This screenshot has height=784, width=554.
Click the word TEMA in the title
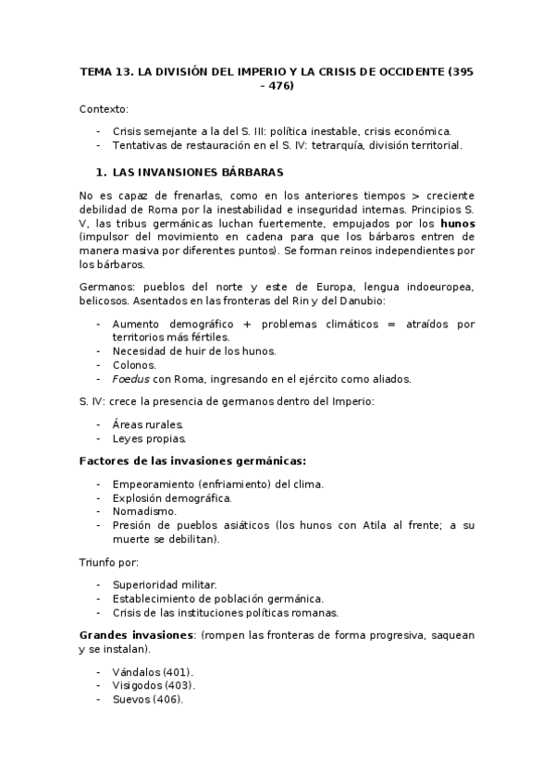(x=95, y=71)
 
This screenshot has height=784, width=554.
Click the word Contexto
(x=104, y=108)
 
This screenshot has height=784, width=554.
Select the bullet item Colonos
(x=134, y=364)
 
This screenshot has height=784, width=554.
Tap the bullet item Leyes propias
(x=149, y=438)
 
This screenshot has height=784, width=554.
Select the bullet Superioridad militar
(x=165, y=584)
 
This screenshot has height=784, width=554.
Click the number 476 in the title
(x=281, y=86)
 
